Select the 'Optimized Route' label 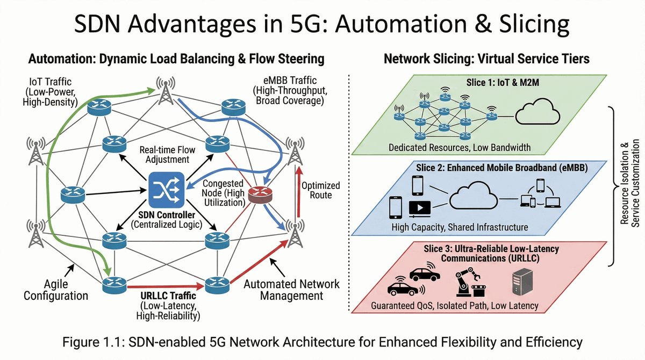pyautogui.click(x=320, y=190)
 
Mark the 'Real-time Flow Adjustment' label pyautogui.click(x=164, y=155)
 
